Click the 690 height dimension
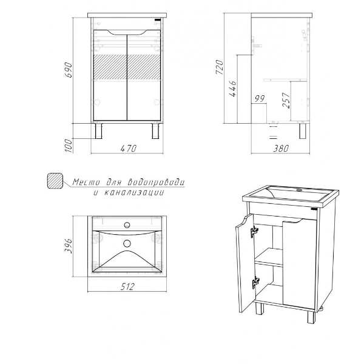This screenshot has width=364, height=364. coord(69,70)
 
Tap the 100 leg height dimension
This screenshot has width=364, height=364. coord(69,146)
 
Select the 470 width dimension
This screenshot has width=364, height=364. coord(129,149)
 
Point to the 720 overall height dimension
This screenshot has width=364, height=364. coord(220,67)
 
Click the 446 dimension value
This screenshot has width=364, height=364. coord(232,89)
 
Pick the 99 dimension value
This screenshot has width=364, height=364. coord(260,99)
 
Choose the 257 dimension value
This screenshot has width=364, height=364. coord(286,100)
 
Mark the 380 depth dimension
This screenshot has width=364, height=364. coord(281,149)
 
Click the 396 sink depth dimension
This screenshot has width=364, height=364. coord(69,246)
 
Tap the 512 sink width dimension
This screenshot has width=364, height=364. coord(127,287)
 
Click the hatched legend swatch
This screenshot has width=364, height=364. coord(55,181)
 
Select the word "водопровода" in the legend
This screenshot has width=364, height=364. coord(157,183)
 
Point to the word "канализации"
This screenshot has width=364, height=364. coord(133,192)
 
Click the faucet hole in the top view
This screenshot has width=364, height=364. coord(127,224)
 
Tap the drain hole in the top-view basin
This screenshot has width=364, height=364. coord(127,243)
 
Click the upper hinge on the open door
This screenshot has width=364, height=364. coord(254,232)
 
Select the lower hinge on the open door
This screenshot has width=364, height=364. coord(255,283)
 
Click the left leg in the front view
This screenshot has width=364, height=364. coord(98,131)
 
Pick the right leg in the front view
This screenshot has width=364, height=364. coord(155,131)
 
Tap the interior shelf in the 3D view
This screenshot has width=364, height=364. coord(269,258)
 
